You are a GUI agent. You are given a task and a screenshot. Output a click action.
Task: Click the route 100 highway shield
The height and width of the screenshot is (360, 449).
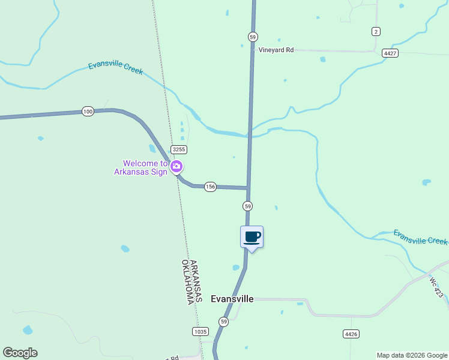click(x=88, y=112)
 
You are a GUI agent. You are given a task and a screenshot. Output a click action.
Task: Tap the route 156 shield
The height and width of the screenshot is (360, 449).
click(x=209, y=187)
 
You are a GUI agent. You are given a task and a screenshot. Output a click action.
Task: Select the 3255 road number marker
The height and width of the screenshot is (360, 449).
click(x=178, y=149)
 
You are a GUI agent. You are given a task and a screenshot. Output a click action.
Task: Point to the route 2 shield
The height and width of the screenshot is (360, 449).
click(x=376, y=31)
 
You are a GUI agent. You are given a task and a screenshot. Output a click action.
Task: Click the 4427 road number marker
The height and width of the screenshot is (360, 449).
click(x=390, y=53)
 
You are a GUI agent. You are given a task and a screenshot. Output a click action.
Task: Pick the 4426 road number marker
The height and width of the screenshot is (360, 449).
click(x=351, y=334)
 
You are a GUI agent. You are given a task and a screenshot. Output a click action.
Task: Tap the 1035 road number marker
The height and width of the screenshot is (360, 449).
click(x=200, y=331)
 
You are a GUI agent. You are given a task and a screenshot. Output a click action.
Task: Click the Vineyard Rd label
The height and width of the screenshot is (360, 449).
click(x=276, y=50)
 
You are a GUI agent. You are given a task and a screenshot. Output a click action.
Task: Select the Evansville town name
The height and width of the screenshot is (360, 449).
click(x=232, y=299)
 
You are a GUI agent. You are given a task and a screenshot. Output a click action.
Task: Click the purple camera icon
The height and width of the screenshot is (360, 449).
click(x=176, y=166)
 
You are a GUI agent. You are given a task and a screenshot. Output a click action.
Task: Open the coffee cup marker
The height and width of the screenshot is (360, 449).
click(x=252, y=236)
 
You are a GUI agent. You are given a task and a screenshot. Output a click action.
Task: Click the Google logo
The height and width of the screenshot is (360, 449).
click(x=20, y=353)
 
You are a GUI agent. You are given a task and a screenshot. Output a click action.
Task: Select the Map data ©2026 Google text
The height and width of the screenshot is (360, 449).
click(x=412, y=355)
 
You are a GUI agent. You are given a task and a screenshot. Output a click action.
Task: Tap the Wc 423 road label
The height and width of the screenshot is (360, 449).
click(x=436, y=286)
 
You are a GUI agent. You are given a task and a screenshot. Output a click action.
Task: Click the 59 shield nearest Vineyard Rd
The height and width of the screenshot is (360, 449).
click(x=253, y=37)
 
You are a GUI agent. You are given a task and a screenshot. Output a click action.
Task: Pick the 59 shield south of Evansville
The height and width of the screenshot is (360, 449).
click(x=223, y=322)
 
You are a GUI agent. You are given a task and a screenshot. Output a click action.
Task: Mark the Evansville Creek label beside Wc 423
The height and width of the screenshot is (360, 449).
click(x=420, y=237)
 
